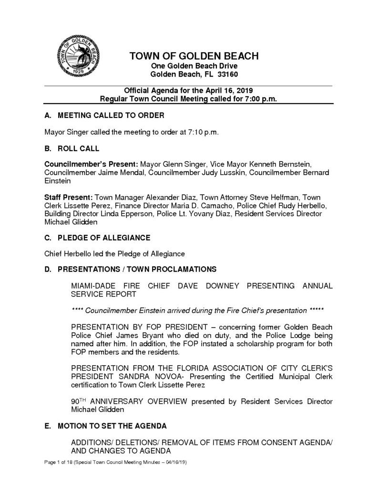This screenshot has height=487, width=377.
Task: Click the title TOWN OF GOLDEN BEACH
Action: click(194, 56)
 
